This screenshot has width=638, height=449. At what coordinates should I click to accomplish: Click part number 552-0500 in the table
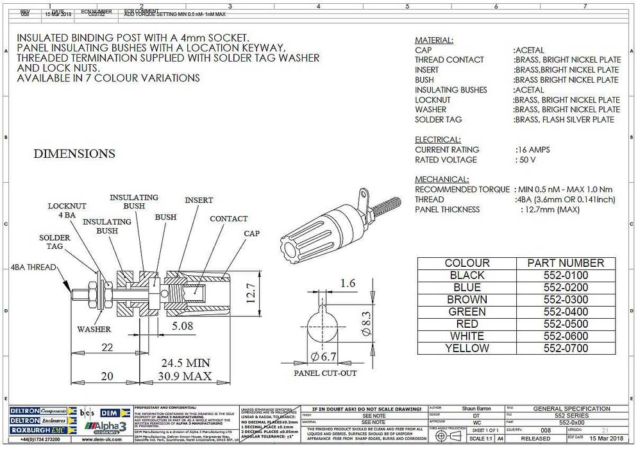click(x=565, y=324)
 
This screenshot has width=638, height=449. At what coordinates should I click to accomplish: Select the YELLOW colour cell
click(x=467, y=348)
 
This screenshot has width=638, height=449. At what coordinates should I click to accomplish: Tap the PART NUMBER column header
click(x=565, y=263)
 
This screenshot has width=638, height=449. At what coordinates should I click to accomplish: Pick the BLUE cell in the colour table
click(x=467, y=287)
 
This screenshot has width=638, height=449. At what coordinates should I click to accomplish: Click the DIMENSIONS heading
click(x=74, y=154)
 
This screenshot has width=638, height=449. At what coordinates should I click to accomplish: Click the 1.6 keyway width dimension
click(x=348, y=283)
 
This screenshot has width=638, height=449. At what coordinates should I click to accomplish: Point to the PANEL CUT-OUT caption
click(x=324, y=373)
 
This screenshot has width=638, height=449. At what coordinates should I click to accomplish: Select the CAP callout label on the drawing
click(x=251, y=233)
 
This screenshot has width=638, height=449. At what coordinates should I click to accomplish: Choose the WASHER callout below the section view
click(x=94, y=329)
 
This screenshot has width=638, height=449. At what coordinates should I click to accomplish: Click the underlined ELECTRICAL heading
click(x=437, y=140)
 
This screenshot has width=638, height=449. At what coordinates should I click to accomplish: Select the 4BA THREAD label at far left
click(x=33, y=267)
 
